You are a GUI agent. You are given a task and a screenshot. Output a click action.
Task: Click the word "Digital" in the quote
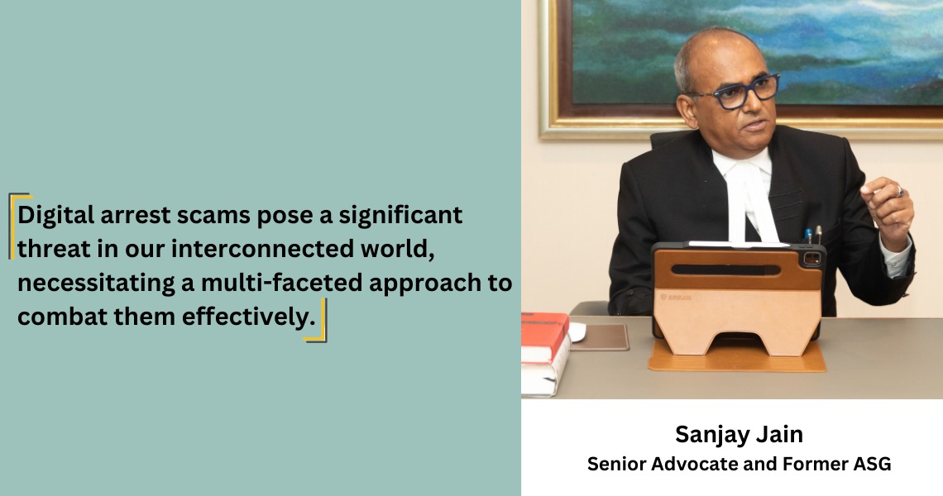tap(55, 215)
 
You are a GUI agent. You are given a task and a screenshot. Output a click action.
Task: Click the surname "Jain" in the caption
tap(781, 433)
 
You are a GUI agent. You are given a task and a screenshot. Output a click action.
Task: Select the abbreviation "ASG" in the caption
tap(872, 464)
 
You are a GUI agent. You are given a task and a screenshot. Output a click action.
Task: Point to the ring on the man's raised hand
tap(900, 192)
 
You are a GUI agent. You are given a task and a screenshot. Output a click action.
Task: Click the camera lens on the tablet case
tap(812, 259)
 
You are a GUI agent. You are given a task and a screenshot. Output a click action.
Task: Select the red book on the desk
tap(543, 337)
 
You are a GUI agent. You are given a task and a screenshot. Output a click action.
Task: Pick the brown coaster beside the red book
tap(599, 337)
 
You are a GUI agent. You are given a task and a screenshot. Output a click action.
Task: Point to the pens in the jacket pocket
tap(813, 235)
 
